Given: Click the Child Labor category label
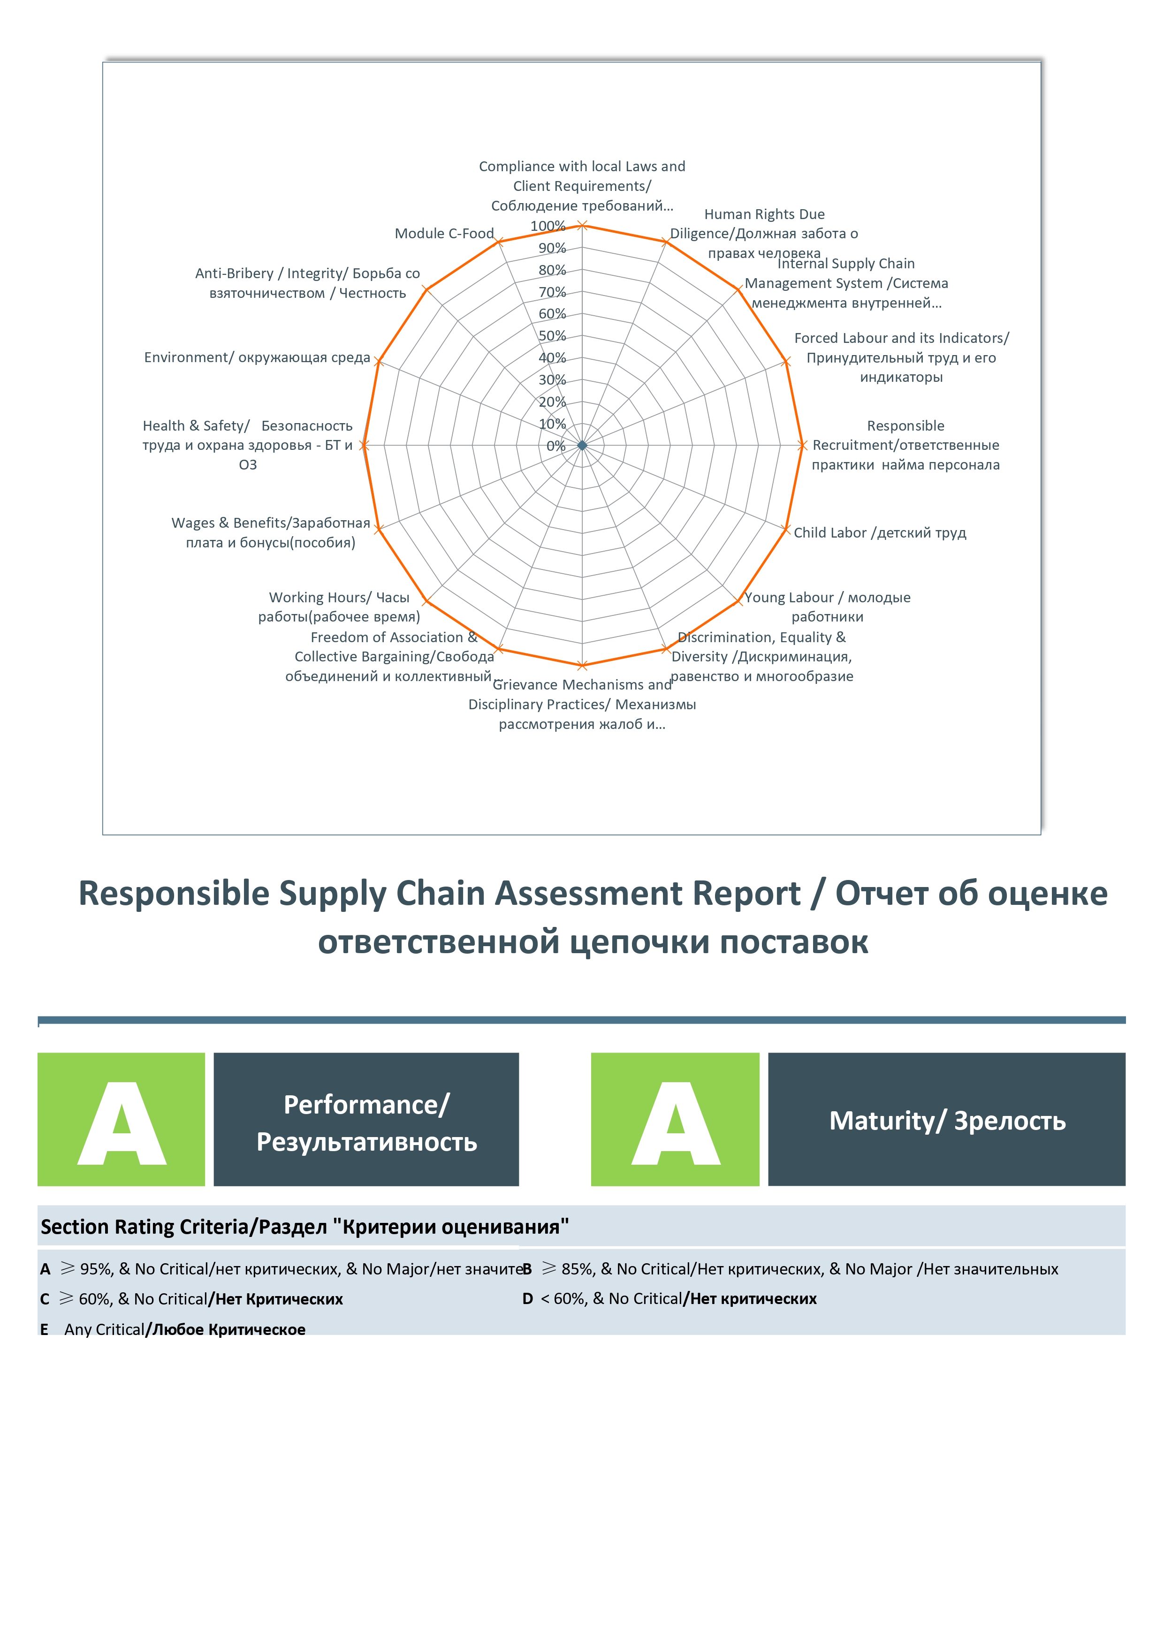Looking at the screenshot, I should pyautogui.click(x=879, y=533).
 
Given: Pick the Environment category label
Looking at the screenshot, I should pyautogui.click(x=257, y=358).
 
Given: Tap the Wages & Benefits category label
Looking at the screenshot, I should pyautogui.click(x=270, y=533).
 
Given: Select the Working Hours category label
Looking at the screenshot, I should pyautogui.click(x=339, y=607).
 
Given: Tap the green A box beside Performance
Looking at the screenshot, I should pyautogui.click(x=121, y=1119).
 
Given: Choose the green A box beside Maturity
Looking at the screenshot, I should pyautogui.click(x=675, y=1119).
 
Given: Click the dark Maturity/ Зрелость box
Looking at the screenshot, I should pyautogui.click(x=947, y=1119).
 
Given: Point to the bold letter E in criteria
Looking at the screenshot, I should pyautogui.click(x=45, y=1330).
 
